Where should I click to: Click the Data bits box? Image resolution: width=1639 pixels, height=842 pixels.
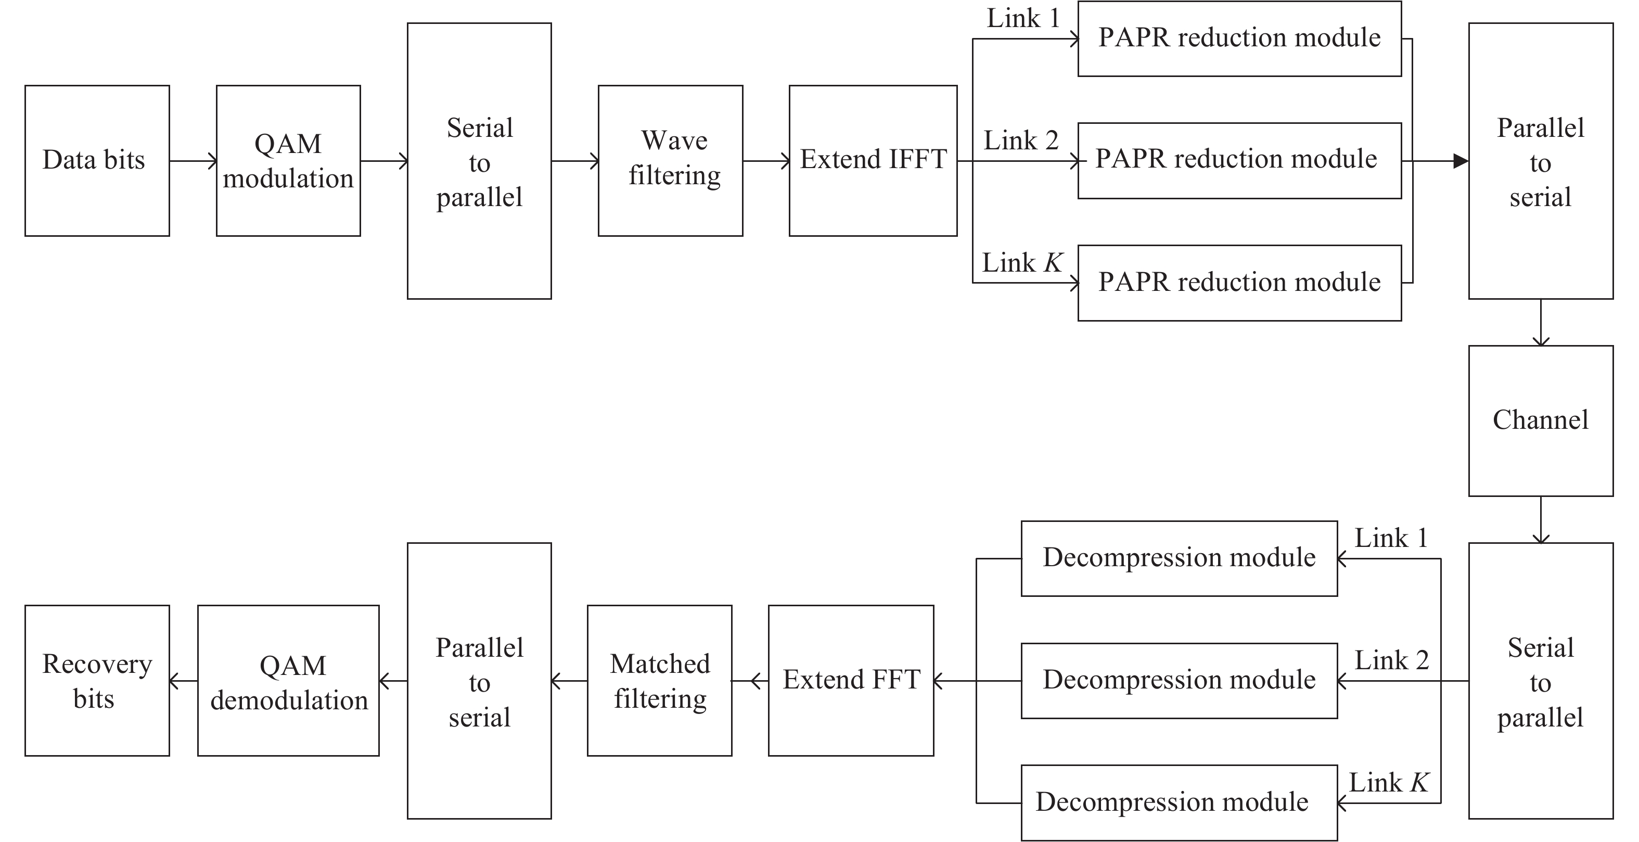pyautogui.click(x=97, y=160)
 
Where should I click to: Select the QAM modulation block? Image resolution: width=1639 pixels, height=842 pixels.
pyautogui.click(x=288, y=160)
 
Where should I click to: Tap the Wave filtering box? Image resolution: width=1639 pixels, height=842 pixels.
pyautogui.click(x=670, y=160)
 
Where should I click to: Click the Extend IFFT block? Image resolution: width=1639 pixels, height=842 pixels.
pyautogui.click(x=873, y=160)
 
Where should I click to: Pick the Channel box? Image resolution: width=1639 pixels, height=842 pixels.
pyautogui.click(x=1540, y=420)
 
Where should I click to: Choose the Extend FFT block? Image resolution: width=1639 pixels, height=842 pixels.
pyautogui.click(x=851, y=680)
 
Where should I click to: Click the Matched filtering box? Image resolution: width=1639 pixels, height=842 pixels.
pyautogui.click(x=659, y=680)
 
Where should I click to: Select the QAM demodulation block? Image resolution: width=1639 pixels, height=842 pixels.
pyautogui.click(x=288, y=680)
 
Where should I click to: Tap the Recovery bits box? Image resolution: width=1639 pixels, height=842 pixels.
pyautogui.click(x=97, y=680)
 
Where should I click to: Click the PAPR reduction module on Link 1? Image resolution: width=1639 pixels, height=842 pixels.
pyautogui.click(x=1239, y=38)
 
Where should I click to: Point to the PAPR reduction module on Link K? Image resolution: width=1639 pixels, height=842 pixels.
pyautogui.click(x=1239, y=283)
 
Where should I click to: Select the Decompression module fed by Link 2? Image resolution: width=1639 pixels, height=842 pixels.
pyautogui.click(x=1179, y=680)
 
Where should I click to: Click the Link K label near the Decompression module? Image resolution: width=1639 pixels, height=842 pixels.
pyautogui.click(x=1388, y=783)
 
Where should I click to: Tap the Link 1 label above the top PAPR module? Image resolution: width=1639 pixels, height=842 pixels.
pyautogui.click(x=1023, y=18)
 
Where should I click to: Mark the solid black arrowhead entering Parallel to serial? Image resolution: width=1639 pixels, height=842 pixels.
pyautogui.click(x=1460, y=161)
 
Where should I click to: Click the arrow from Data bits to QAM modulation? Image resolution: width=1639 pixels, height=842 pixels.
pyautogui.click(x=193, y=161)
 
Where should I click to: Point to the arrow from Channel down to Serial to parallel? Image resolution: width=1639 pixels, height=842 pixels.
pyautogui.click(x=1540, y=519)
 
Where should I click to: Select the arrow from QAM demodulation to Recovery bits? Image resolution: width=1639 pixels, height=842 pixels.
pyautogui.click(x=183, y=682)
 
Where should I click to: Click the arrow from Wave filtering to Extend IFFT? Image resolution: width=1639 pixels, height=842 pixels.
pyautogui.click(x=765, y=161)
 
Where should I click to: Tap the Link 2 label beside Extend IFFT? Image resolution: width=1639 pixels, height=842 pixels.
pyautogui.click(x=1020, y=141)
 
